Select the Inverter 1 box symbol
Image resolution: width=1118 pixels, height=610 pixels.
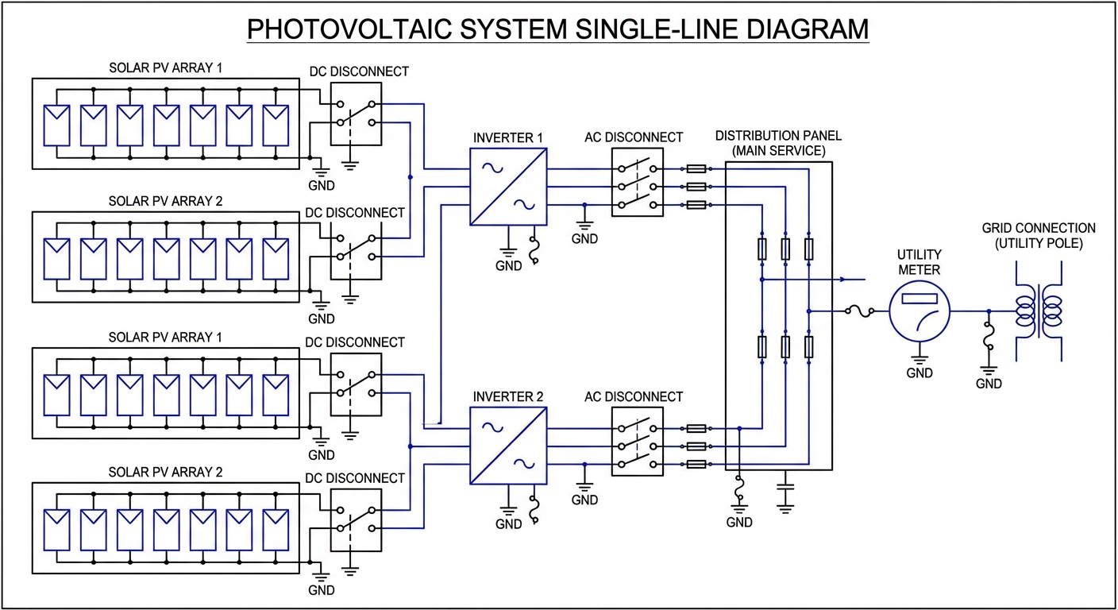508,187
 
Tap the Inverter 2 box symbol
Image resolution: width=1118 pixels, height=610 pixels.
508,446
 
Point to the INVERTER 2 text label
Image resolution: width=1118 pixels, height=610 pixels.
508,396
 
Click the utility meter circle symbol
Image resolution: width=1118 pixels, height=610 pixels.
919,311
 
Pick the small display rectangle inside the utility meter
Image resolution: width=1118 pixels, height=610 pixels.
919,299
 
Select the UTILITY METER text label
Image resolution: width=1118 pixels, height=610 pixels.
919,262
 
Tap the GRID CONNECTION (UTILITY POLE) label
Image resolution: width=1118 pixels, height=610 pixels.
1039,236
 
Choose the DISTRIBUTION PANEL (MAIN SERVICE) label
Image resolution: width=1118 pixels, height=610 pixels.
778,143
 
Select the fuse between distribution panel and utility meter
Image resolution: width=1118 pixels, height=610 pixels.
860,311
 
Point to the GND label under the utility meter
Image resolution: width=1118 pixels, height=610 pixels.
919,373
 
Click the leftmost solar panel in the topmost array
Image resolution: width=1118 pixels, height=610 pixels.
56,125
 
